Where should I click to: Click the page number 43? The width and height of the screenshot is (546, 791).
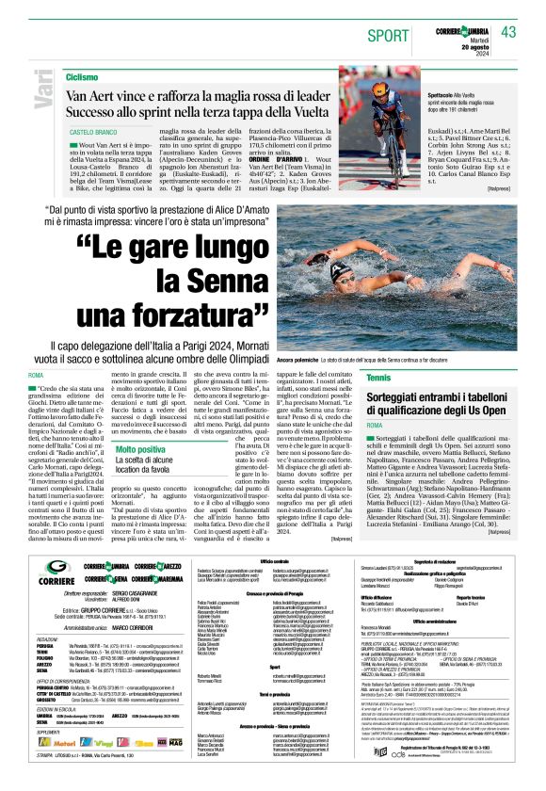(508, 32)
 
